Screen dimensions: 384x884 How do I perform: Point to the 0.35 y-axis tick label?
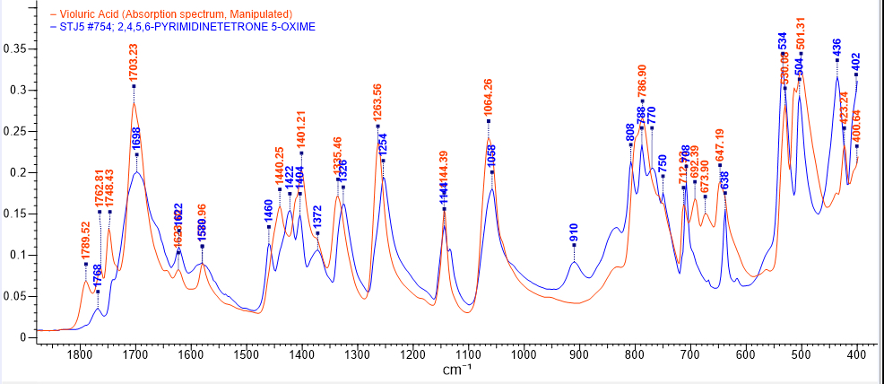point(15,48)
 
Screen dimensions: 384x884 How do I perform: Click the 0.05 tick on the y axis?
point(15,295)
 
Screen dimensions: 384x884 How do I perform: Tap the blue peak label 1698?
point(137,137)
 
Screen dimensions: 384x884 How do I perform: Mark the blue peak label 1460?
point(269,210)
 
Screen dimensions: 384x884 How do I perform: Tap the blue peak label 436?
point(837,46)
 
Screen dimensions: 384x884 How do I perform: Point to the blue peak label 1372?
point(317,218)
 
